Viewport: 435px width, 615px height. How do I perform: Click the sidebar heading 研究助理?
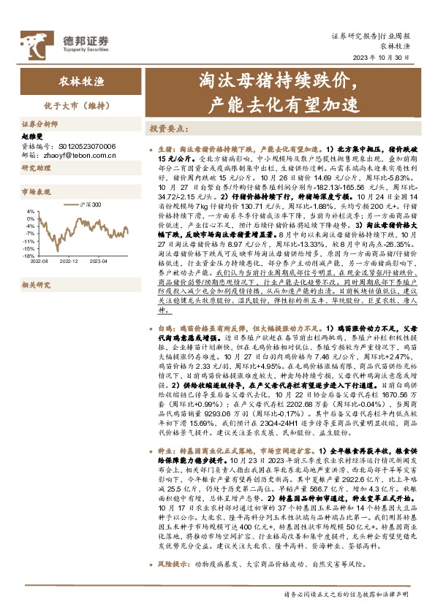point(36,168)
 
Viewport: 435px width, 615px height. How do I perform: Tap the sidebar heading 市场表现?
point(36,192)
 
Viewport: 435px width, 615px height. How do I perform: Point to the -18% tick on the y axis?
point(27,256)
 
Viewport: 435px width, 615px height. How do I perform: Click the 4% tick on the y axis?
point(29,212)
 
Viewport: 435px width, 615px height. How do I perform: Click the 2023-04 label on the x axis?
point(98,261)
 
